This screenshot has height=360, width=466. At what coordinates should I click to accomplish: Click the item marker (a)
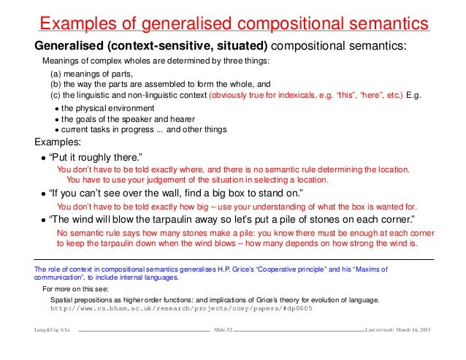pyautogui.click(x=56, y=74)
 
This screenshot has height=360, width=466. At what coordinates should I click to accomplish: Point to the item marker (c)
pyautogui.click(x=56, y=96)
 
